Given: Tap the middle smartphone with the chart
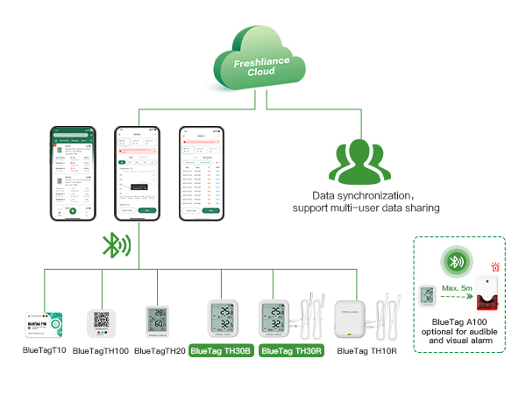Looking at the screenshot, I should (x=137, y=174).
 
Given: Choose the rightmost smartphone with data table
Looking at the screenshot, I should (x=200, y=174).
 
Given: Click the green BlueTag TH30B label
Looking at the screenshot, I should (x=220, y=350).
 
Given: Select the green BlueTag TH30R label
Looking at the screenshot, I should (x=292, y=350).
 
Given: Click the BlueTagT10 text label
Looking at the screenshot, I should (x=44, y=350).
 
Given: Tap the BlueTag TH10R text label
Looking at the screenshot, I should (x=366, y=350).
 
